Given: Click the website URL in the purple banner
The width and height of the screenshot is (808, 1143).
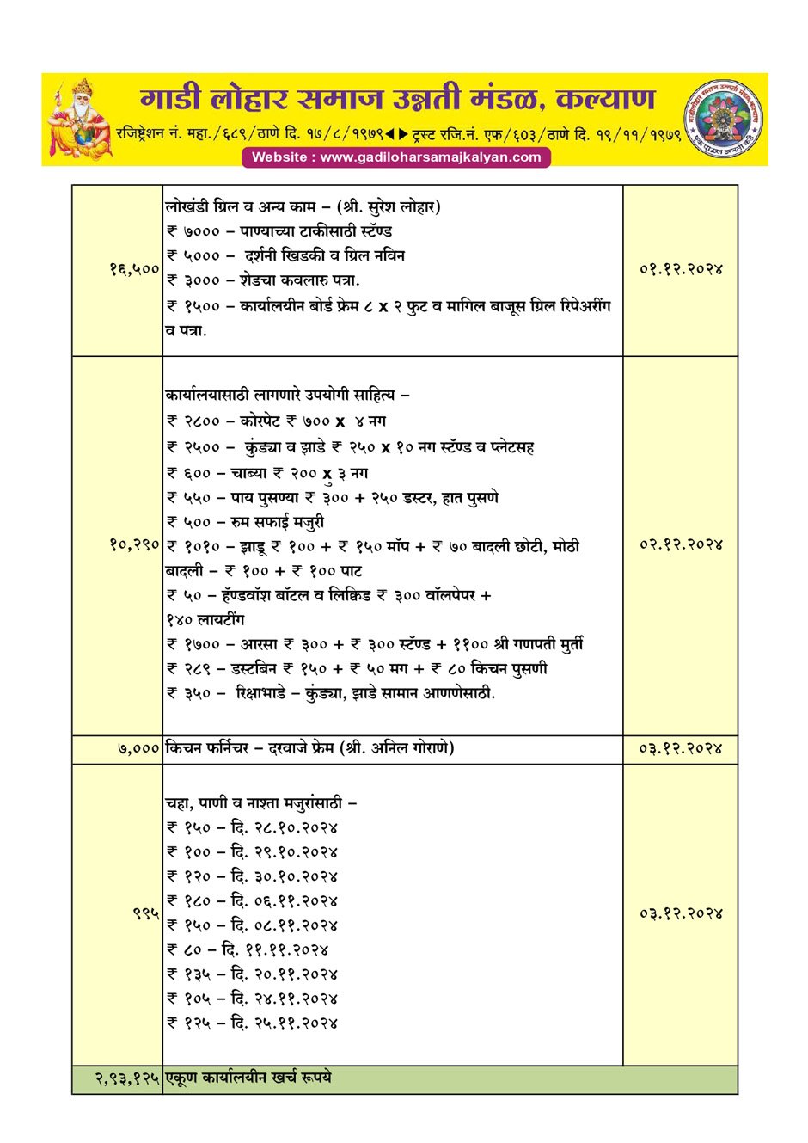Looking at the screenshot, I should pyautogui.click(x=396, y=157).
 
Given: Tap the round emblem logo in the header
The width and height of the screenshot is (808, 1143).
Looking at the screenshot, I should pyautogui.click(x=724, y=120).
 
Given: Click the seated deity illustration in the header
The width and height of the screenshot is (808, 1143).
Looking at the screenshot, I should pyautogui.click(x=79, y=120).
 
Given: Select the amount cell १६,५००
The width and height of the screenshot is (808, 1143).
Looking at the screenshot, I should pyautogui.click(x=134, y=269).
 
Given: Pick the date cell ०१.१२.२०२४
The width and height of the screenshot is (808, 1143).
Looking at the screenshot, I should pyautogui.click(x=681, y=269).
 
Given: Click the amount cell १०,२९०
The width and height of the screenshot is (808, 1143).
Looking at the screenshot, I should pyautogui.click(x=134, y=544).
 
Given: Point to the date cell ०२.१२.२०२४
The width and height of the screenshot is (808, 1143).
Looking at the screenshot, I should pyautogui.click(x=681, y=544).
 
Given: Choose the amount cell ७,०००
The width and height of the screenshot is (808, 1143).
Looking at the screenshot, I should pyautogui.click(x=138, y=749).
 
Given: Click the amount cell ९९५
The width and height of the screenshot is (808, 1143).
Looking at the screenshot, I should pyautogui.click(x=146, y=913).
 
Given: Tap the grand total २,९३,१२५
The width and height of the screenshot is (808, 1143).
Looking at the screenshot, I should pyautogui.click(x=127, y=1078).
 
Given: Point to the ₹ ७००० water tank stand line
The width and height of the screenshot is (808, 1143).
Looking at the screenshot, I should pyautogui.click(x=279, y=231).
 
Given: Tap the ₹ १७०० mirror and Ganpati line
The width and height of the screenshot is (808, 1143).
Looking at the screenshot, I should pyautogui.click(x=375, y=644).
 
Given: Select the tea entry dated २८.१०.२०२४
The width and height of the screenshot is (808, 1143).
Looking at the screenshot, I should pyautogui.click(x=252, y=828).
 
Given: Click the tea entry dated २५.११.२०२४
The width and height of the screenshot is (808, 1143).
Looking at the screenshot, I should pyautogui.click(x=252, y=1023).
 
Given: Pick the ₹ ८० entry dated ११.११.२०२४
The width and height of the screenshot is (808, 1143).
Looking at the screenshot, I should pyautogui.click(x=248, y=950).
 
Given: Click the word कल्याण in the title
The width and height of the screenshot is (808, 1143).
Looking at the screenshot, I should pyautogui.click(x=605, y=99).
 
